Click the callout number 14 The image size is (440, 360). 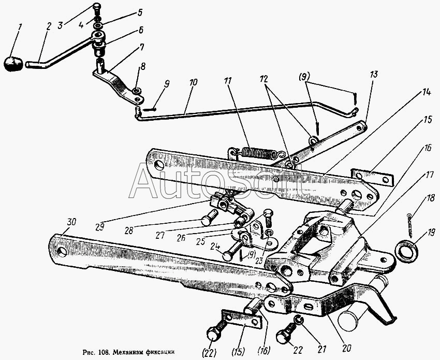[x=426, y=92]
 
